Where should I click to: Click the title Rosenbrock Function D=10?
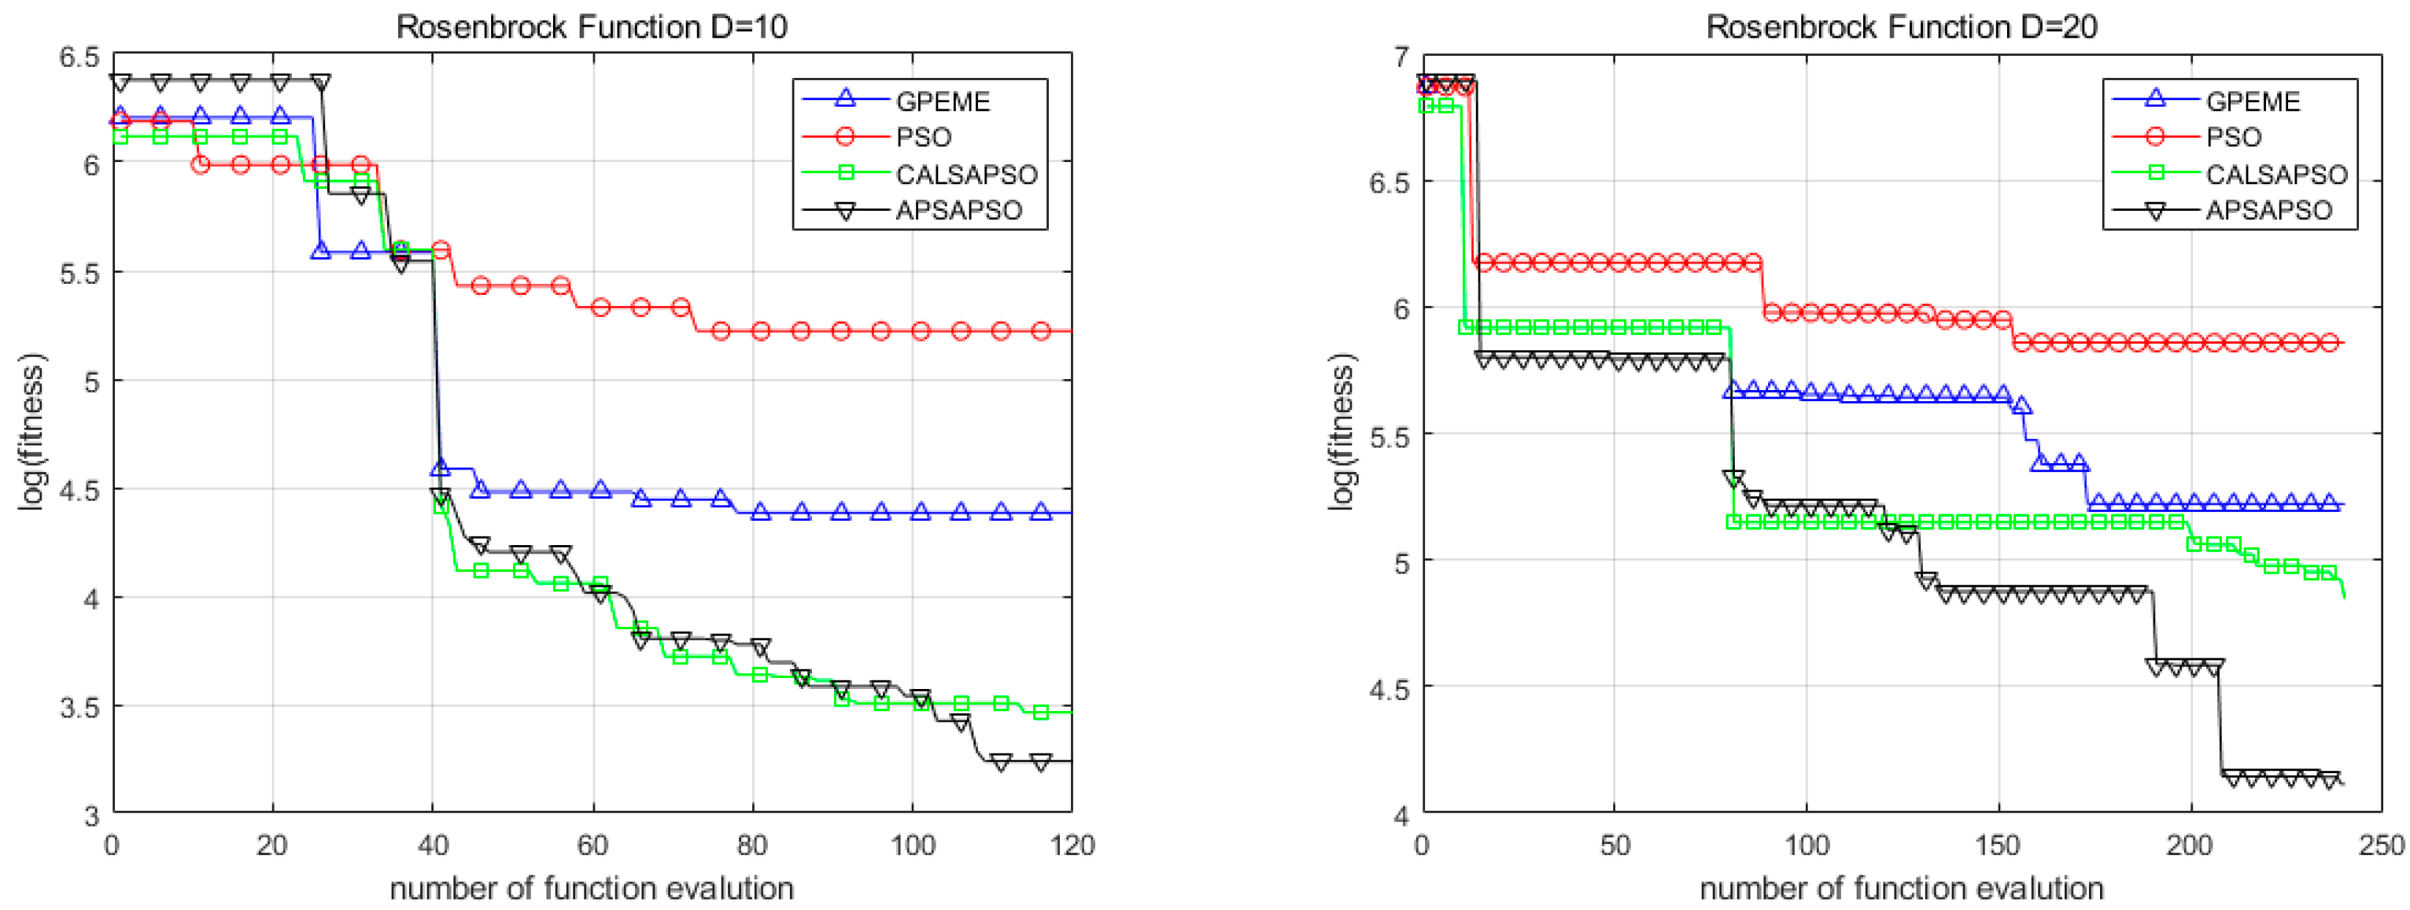[591, 26]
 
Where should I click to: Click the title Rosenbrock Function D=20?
[1901, 26]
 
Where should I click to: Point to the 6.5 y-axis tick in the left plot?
[79, 57]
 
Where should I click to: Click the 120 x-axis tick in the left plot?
[1071, 846]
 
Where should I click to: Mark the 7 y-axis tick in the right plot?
[1400, 57]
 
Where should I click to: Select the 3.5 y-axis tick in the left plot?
[79, 707]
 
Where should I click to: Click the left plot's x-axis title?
[591, 887]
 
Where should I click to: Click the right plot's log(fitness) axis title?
[1341, 432]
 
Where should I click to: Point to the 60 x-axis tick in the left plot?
[592, 846]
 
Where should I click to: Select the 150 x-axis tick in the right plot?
[1998, 846]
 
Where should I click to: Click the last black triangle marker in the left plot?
[1040, 762]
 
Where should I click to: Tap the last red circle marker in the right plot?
[2331, 343]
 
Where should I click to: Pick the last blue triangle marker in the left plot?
[1040, 511]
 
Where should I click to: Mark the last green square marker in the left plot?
[1040, 713]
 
